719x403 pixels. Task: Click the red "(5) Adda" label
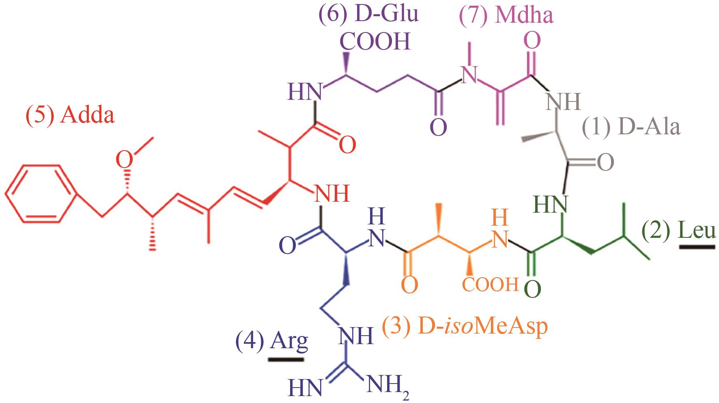[x=70, y=116]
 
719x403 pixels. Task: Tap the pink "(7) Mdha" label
[x=506, y=16]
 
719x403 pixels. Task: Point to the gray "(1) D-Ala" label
[x=631, y=127]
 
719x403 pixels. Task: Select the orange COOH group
[x=490, y=285]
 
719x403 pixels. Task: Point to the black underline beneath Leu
[x=697, y=246]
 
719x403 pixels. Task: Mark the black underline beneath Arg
[x=286, y=359]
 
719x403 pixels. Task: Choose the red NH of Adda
[x=332, y=194]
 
